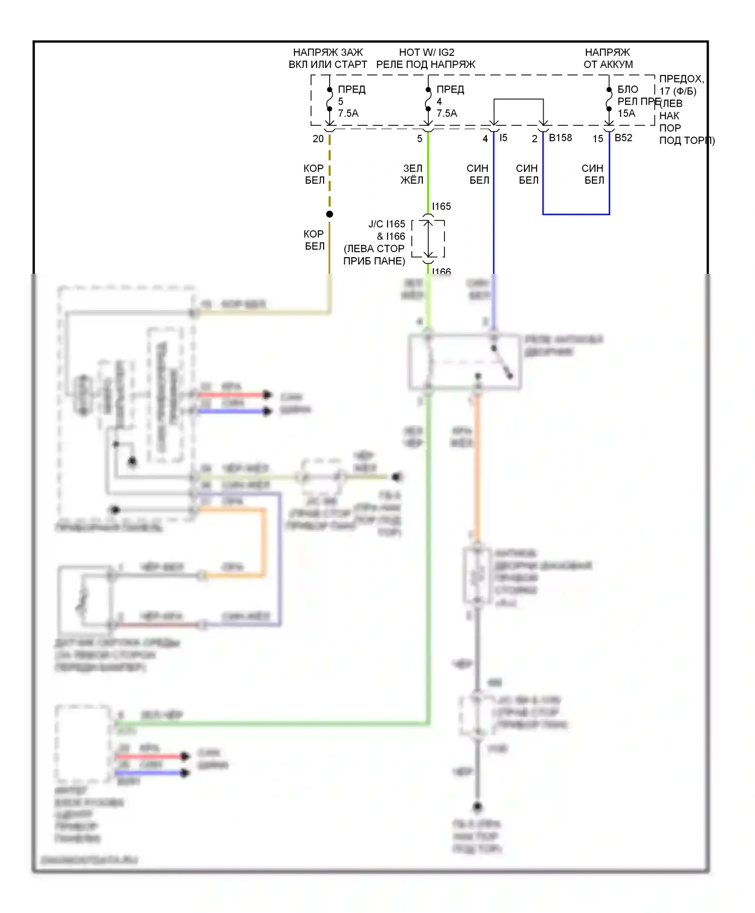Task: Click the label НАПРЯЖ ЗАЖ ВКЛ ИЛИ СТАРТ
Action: [x=328, y=58]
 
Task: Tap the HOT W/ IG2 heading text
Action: [x=426, y=52]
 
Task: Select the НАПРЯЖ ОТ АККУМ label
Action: [x=608, y=58]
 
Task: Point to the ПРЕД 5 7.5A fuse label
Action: [x=351, y=101]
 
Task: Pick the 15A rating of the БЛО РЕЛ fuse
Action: [x=626, y=113]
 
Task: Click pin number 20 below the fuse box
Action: [x=318, y=139]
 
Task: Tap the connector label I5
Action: [x=503, y=138]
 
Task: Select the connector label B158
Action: [x=560, y=138]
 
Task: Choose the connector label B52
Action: [x=623, y=138]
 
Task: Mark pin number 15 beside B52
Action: [x=597, y=139]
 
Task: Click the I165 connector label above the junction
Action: [x=441, y=206]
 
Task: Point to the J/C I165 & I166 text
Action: [x=386, y=230]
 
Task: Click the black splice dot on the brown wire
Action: [x=330, y=214]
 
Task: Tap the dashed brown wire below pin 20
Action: [x=330, y=171]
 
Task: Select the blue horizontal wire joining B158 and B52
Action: [x=576, y=214]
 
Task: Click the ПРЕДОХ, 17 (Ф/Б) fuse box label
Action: [x=681, y=85]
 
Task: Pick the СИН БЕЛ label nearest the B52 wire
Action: [x=593, y=174]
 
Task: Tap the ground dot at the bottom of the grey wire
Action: [x=477, y=807]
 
